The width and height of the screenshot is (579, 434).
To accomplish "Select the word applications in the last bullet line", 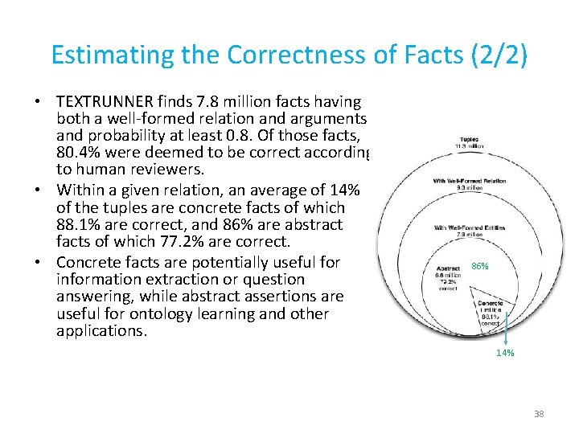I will pyautogui.click(x=102, y=330).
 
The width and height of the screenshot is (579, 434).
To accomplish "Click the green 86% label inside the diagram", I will pyautogui.click(x=480, y=265).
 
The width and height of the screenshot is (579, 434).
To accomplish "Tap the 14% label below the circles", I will pyautogui.click(x=506, y=352).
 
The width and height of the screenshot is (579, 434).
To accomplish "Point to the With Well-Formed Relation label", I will pyautogui.click(x=470, y=181).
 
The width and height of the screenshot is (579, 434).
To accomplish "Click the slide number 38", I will pyautogui.click(x=539, y=414).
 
